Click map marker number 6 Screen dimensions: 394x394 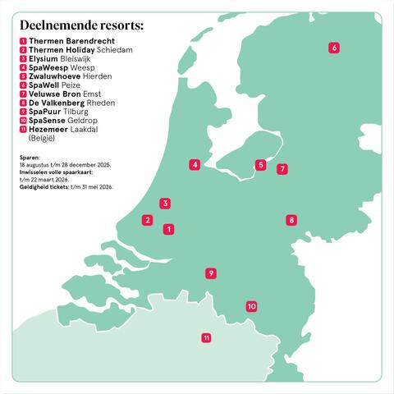pos(334,48)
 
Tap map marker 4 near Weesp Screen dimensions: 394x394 pos(195,165)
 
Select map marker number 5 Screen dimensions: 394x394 pos(260,165)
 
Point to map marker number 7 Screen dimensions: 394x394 pos(282,170)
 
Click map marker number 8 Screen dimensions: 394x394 pos(291,220)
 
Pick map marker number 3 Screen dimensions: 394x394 pos(165,203)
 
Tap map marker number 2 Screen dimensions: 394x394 pos(147,220)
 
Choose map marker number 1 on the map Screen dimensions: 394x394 pos(168,229)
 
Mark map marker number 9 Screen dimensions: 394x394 pos(211,273)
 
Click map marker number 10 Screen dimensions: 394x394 pos(251,307)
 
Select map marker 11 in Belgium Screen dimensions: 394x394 pos(206,337)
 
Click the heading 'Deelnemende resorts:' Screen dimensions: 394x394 pos(81,25)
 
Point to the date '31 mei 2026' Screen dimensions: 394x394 pos(96,187)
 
